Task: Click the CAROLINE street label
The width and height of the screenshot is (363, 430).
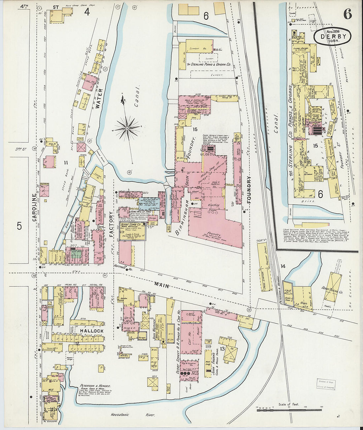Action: coord(34,208)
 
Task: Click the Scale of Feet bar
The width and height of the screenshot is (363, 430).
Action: coord(289,410)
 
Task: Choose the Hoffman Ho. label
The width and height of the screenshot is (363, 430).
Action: coord(125,268)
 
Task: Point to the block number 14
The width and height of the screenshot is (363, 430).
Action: coord(283,266)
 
